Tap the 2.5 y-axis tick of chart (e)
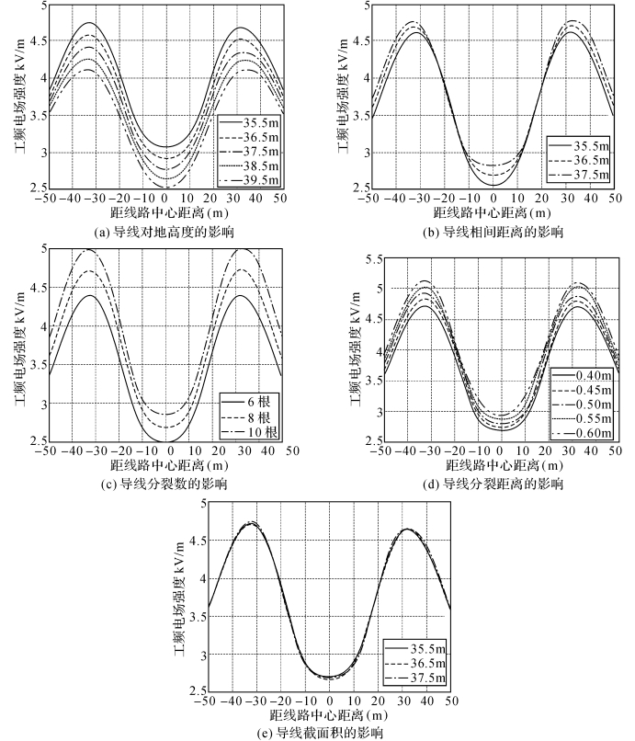point(195,689)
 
